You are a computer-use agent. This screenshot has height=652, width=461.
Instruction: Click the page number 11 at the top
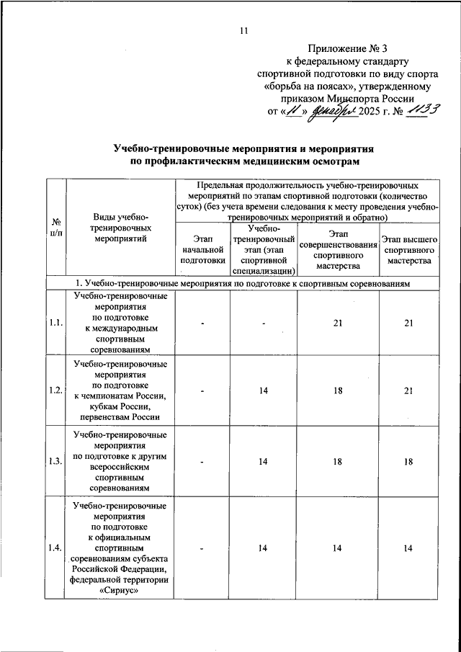[x=243, y=30]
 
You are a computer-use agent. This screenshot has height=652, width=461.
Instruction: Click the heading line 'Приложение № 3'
[x=347, y=49]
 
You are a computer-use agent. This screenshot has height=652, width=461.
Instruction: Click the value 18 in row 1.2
[x=338, y=390]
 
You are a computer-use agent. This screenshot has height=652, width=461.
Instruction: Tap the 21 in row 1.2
[x=408, y=390]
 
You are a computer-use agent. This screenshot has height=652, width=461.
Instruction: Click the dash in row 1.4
[x=204, y=549]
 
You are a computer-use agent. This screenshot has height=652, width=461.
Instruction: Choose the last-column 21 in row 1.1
[x=408, y=323]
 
